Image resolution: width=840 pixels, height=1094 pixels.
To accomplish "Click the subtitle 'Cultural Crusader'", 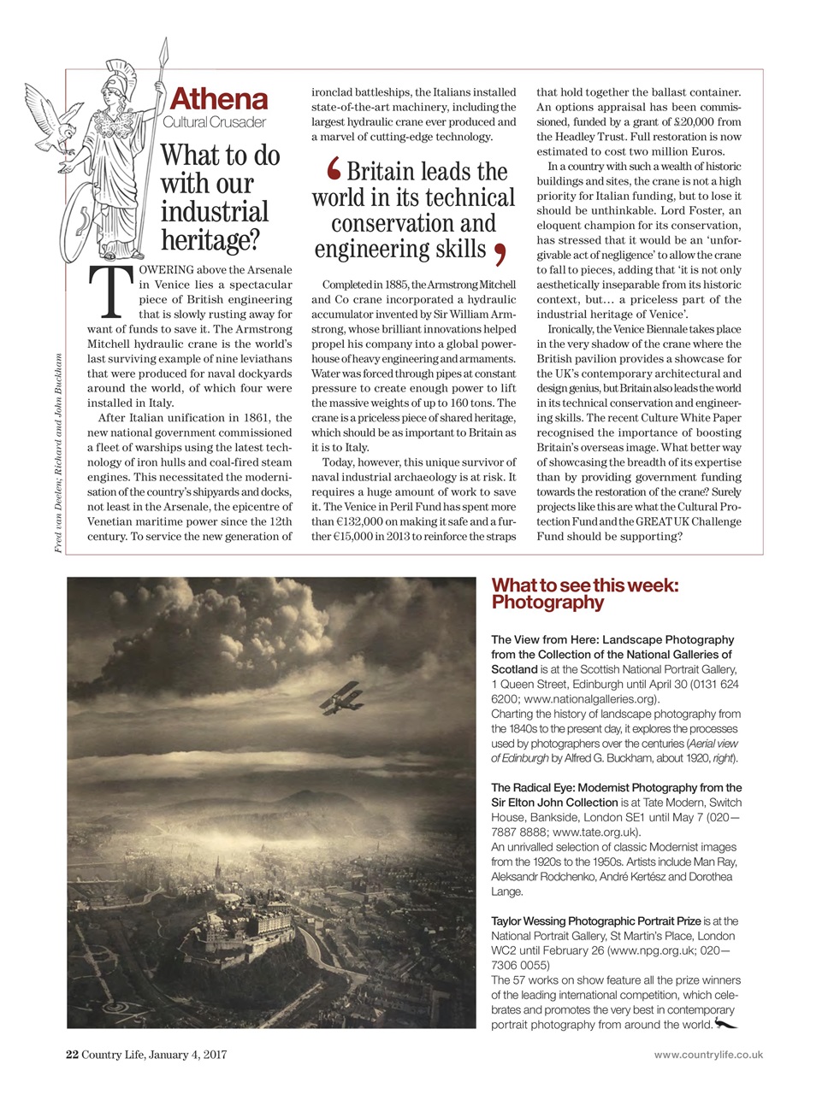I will point(214,123).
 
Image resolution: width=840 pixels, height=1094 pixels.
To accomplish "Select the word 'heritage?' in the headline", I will point(210,240).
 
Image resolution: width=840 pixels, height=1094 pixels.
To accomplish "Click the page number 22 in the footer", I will point(73,1054).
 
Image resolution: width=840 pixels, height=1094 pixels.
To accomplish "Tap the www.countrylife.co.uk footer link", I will point(708,1055).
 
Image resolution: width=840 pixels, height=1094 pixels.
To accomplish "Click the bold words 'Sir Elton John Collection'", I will point(554,802).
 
